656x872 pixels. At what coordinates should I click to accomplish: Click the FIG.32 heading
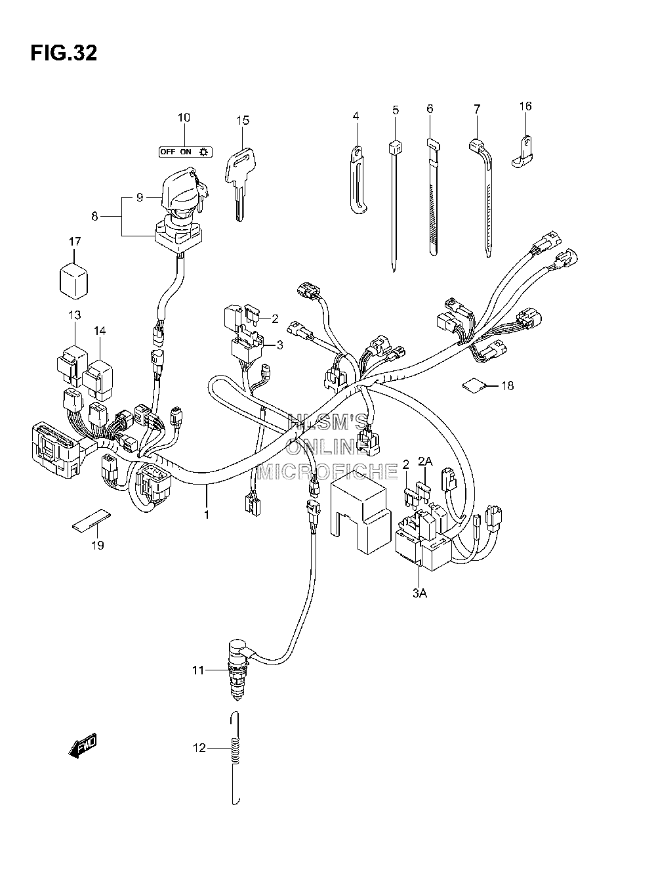[x=64, y=53]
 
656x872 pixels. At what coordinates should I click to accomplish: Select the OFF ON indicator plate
[x=186, y=152]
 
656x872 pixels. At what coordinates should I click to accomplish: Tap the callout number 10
[x=184, y=118]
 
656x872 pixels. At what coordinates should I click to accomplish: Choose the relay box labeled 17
[x=74, y=280]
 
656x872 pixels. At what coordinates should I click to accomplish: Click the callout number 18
[x=508, y=385]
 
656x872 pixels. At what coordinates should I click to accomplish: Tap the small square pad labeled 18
[x=474, y=385]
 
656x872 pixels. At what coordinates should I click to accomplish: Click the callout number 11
[x=198, y=670]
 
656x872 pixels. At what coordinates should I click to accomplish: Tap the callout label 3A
[x=419, y=604]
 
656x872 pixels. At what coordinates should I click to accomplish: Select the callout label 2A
[x=425, y=461]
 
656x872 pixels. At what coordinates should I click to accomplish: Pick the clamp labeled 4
[x=359, y=179]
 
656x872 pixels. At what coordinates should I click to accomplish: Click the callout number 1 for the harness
[x=207, y=515]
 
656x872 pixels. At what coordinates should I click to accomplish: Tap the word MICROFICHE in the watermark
[x=328, y=471]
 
